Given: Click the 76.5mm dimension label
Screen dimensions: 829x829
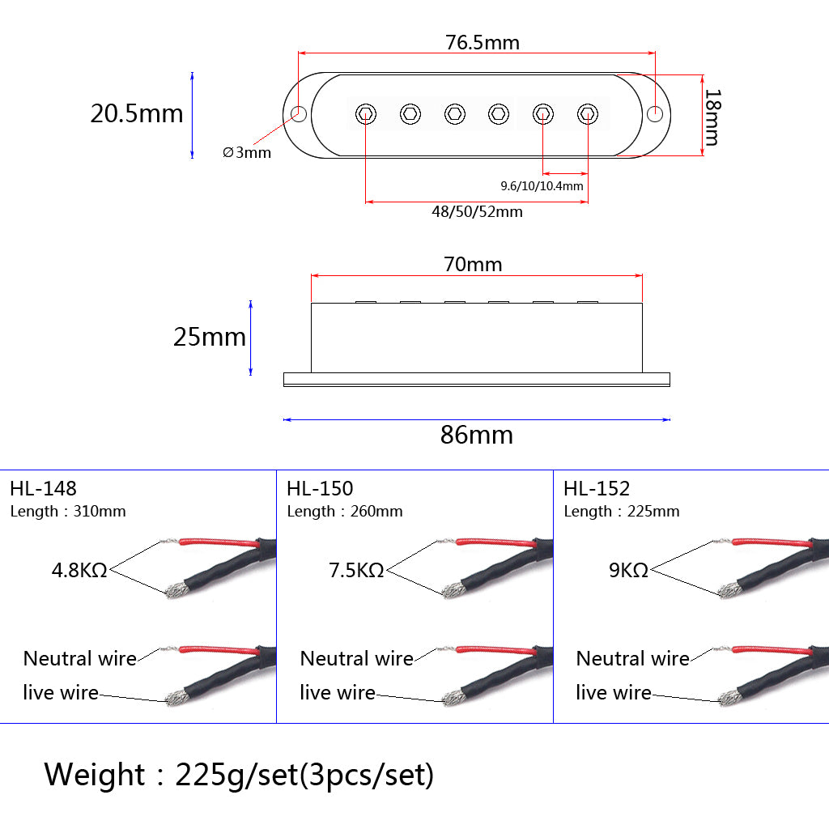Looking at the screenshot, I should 483,42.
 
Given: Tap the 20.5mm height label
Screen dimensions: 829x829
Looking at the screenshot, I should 137,113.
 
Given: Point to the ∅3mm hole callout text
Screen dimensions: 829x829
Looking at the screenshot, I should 247,152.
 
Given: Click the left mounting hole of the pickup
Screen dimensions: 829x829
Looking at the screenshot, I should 299,113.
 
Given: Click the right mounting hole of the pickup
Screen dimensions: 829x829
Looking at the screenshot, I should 656,113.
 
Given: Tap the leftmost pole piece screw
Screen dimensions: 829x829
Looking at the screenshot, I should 366,114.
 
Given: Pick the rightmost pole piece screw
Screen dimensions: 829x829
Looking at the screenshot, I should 586,114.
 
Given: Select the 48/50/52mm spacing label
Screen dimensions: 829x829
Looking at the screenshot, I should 477,212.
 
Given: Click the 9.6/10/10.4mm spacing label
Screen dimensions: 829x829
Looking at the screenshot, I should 542,186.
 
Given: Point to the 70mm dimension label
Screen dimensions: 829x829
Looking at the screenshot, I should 473,265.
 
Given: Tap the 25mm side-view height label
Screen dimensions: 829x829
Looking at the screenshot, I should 210,337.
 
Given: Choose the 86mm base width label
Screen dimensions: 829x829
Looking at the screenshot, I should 477,436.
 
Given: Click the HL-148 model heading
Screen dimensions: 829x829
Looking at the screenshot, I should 43,488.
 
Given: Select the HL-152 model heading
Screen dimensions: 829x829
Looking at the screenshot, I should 597,488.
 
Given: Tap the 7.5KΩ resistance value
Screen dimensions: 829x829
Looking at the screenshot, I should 356,570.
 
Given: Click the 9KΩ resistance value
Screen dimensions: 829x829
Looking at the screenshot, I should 629,570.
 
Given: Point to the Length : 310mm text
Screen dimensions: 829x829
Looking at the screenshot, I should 68,512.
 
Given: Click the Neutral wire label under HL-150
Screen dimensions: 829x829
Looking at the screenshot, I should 356,659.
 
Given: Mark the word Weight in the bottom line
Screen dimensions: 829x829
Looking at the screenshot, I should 95,775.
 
